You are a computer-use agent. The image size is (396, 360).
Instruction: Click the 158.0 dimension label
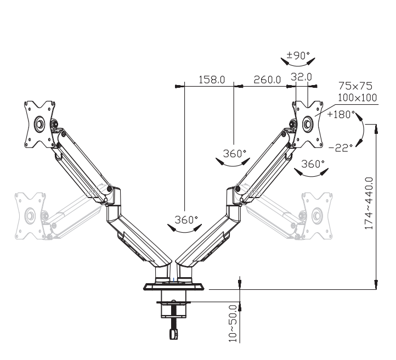click(x=212, y=80)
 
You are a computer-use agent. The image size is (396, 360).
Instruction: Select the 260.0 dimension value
click(x=267, y=80)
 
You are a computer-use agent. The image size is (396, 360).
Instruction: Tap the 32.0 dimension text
click(x=301, y=77)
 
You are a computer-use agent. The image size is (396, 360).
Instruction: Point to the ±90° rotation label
click(x=298, y=55)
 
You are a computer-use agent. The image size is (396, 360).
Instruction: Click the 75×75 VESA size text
click(x=355, y=86)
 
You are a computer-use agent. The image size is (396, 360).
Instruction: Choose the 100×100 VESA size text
click(x=358, y=98)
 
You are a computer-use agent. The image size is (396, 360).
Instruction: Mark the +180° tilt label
click(x=341, y=115)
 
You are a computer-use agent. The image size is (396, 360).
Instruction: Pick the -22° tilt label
click(x=341, y=148)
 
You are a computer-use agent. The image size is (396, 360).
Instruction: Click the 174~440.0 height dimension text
click(x=369, y=204)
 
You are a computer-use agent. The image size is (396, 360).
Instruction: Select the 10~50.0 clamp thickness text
click(x=233, y=324)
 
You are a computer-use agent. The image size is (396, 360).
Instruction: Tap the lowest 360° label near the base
click(x=186, y=220)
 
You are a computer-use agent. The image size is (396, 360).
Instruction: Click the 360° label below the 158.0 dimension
click(x=234, y=154)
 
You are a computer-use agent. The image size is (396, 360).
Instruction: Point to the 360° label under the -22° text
click(x=313, y=164)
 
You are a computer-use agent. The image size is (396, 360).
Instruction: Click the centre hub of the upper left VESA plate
click(x=39, y=124)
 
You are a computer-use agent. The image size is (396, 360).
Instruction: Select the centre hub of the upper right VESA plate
click(x=307, y=124)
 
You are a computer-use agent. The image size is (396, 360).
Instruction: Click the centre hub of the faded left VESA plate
click(x=30, y=216)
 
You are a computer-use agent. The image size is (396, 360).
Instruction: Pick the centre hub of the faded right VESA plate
click(x=316, y=216)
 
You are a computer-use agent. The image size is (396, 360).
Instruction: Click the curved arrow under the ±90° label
click(x=298, y=65)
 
